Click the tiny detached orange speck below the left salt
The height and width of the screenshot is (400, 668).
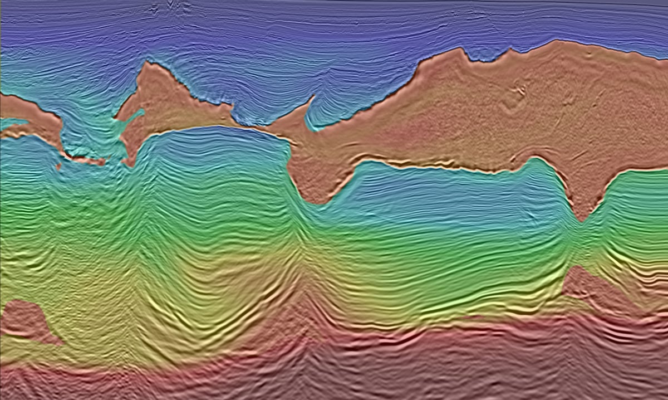pyautogui.click(x=59, y=165)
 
